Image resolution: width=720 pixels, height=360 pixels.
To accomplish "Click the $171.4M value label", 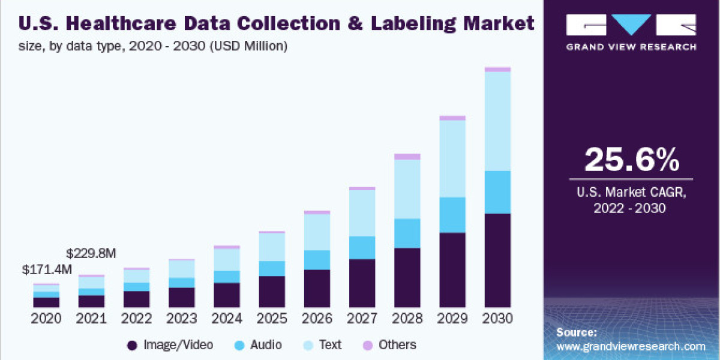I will (46, 269).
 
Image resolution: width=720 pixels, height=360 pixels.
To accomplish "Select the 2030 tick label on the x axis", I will (497, 319).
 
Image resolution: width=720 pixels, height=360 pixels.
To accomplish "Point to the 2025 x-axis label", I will (272, 319).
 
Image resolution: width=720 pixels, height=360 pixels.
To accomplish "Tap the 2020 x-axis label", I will (46, 319).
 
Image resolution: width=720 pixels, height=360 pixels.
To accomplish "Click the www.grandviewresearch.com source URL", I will (631, 346).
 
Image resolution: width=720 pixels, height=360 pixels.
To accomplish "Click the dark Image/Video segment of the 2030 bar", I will (497, 260).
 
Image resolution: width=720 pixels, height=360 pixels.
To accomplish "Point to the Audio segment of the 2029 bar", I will (452, 215).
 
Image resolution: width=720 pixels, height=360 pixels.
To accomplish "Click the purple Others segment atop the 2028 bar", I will (407, 157).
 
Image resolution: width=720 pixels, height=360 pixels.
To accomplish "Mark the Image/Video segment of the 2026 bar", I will (317, 288).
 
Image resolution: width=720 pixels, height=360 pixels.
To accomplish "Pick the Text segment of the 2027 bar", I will (362, 213).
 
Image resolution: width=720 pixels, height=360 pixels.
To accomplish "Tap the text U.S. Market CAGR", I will (632, 193).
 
